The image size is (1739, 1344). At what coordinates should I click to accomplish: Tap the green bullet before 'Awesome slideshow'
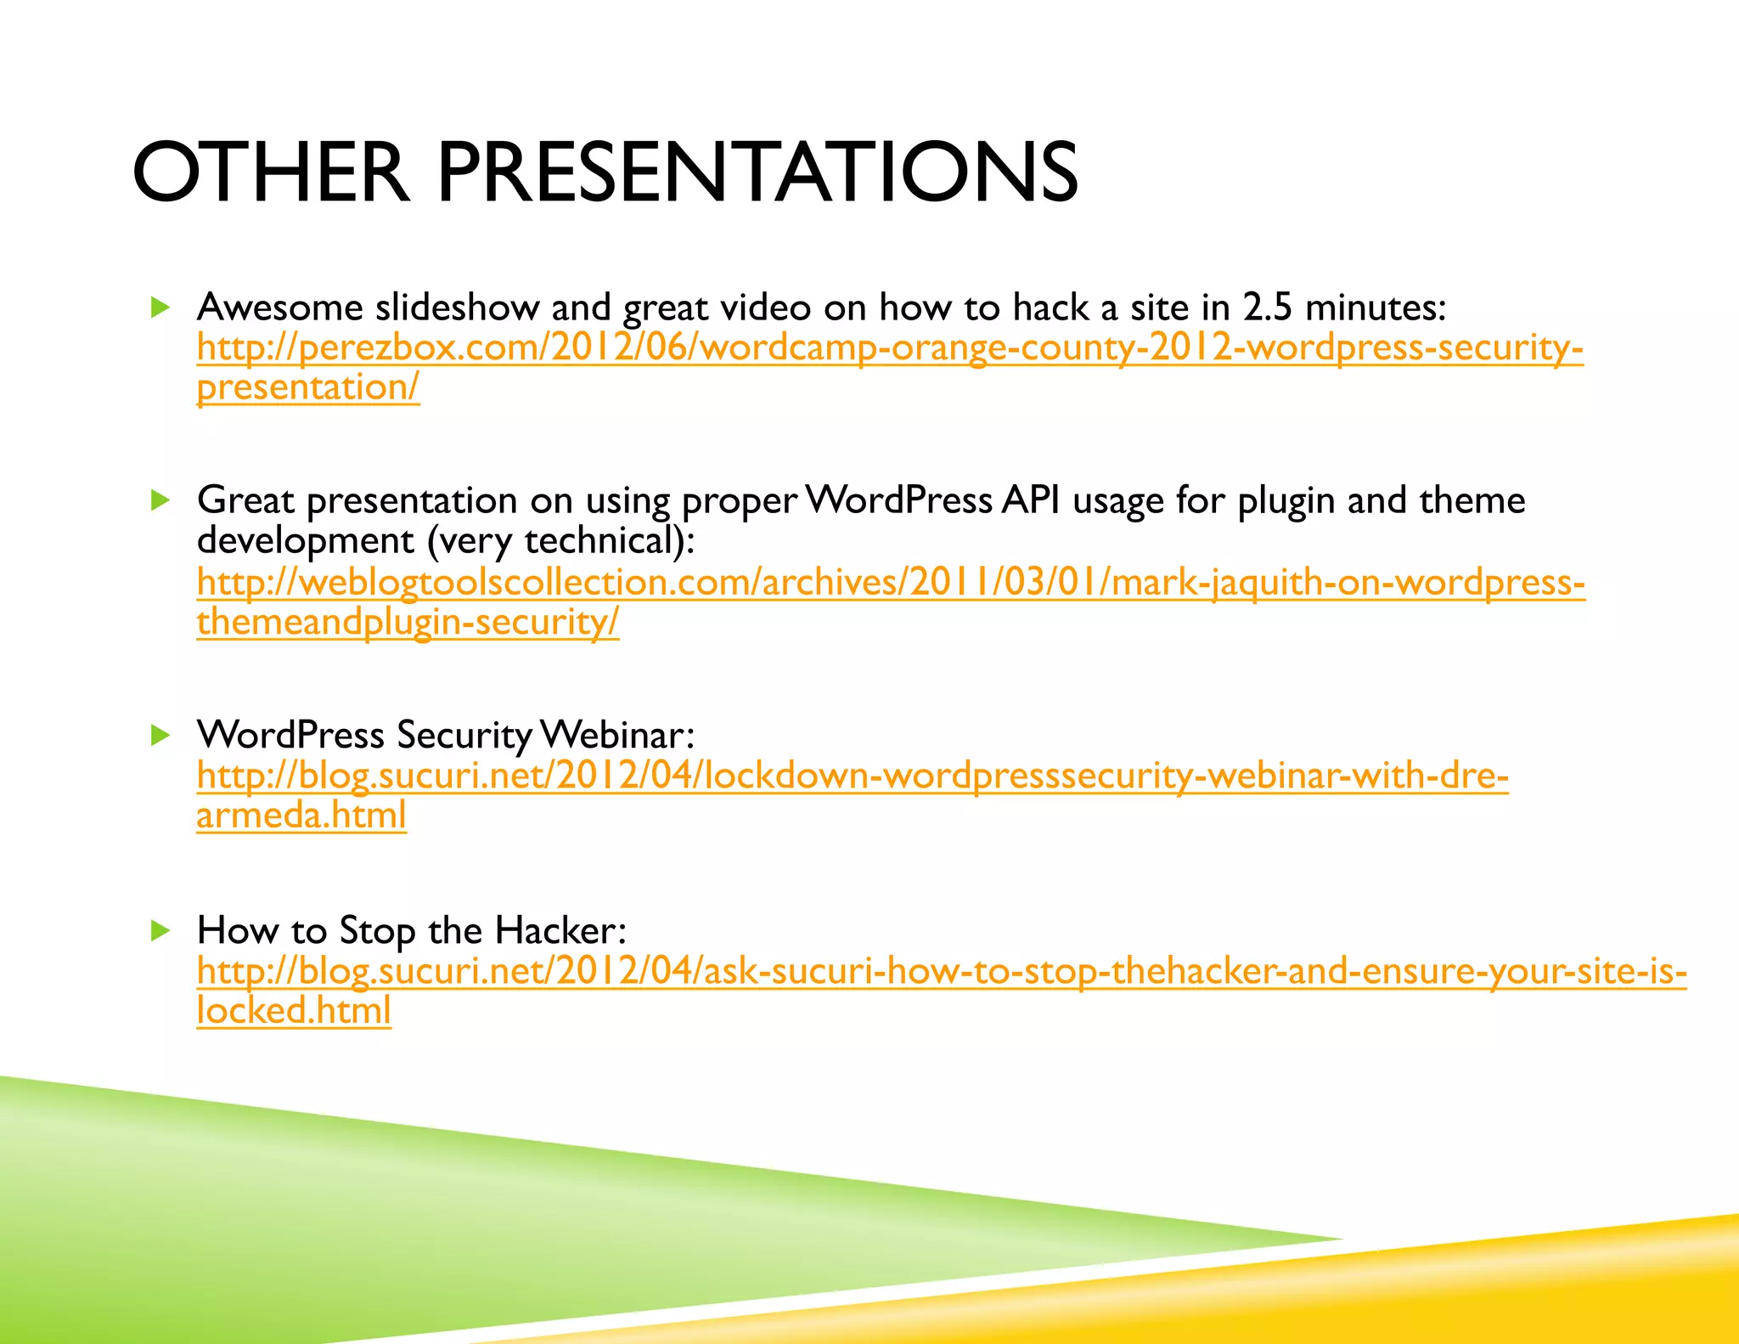(x=160, y=307)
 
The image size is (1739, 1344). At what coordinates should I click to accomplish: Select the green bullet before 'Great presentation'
(x=160, y=500)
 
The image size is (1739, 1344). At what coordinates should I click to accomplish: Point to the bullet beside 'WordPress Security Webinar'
(x=160, y=735)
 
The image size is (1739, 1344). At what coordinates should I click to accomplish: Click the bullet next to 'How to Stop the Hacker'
(x=160, y=930)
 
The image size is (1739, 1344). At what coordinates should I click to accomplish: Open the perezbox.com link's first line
(x=889, y=348)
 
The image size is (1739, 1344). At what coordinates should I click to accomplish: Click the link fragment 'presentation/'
(x=307, y=388)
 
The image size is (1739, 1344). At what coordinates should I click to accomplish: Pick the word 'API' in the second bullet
(x=1030, y=500)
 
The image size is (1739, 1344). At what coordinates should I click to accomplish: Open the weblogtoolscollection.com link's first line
(x=890, y=583)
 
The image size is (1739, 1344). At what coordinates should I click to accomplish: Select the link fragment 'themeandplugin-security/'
(x=408, y=623)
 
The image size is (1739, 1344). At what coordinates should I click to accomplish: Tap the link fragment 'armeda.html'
(x=301, y=816)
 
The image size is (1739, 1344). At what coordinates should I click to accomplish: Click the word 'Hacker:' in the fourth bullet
(x=560, y=931)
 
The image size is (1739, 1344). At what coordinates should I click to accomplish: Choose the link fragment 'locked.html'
(x=293, y=1011)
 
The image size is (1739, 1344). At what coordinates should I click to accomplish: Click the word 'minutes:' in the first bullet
(x=1375, y=308)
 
